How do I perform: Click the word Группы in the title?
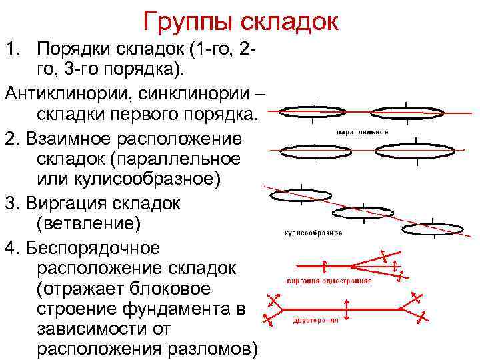pyautogui.click(x=185, y=22)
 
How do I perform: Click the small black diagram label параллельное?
pyautogui.click(x=363, y=131)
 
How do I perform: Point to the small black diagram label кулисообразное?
pyautogui.click(x=313, y=233)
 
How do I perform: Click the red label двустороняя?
pyautogui.click(x=317, y=319)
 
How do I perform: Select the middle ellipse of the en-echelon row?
pyautogui.click(x=363, y=212)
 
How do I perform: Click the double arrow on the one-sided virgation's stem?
pyautogui.click(x=324, y=266)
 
